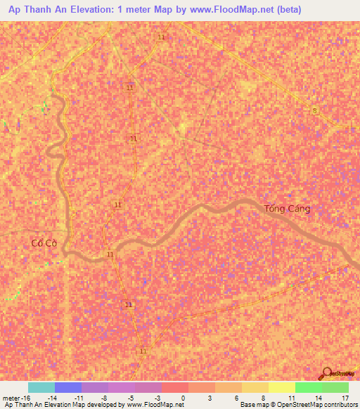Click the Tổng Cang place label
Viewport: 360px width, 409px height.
tap(287, 209)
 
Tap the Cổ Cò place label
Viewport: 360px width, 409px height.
tap(44, 243)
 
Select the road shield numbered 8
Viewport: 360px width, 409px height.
tap(315, 110)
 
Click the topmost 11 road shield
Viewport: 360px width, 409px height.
tap(162, 37)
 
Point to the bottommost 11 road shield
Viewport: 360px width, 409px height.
tap(143, 351)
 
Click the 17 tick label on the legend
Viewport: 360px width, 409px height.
tap(345, 398)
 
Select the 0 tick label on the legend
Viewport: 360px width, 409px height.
tap(184, 398)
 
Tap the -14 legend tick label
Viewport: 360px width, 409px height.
tap(51, 398)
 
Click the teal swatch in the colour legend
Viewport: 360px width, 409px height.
tap(41, 387)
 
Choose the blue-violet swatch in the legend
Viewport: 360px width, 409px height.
tap(67, 387)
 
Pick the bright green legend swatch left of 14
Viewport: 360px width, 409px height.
tap(308, 387)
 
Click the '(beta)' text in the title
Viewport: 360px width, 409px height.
tap(288, 10)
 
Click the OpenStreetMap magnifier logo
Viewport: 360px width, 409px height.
tap(328, 373)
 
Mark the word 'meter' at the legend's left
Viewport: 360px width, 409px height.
tap(10, 398)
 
